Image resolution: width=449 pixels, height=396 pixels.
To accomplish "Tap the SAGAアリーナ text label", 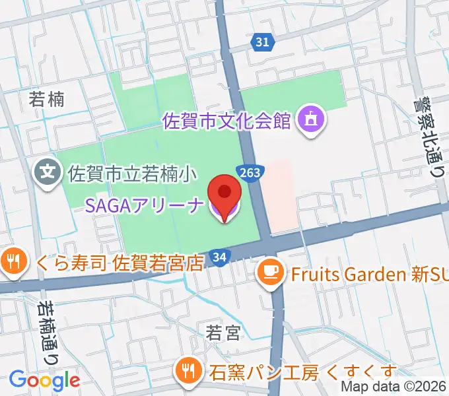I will (145, 205).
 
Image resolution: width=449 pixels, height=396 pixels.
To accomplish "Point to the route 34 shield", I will (221, 257).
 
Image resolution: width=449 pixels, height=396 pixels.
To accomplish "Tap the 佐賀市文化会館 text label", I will (226, 121).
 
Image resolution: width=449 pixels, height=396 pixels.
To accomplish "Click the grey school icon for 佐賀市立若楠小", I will (48, 174).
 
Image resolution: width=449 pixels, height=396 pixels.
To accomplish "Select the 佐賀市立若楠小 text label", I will (132, 174).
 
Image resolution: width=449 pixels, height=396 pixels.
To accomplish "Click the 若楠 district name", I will (47, 99).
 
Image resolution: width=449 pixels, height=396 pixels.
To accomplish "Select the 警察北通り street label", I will (429, 138).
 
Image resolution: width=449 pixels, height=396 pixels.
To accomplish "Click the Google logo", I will (44, 379).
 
